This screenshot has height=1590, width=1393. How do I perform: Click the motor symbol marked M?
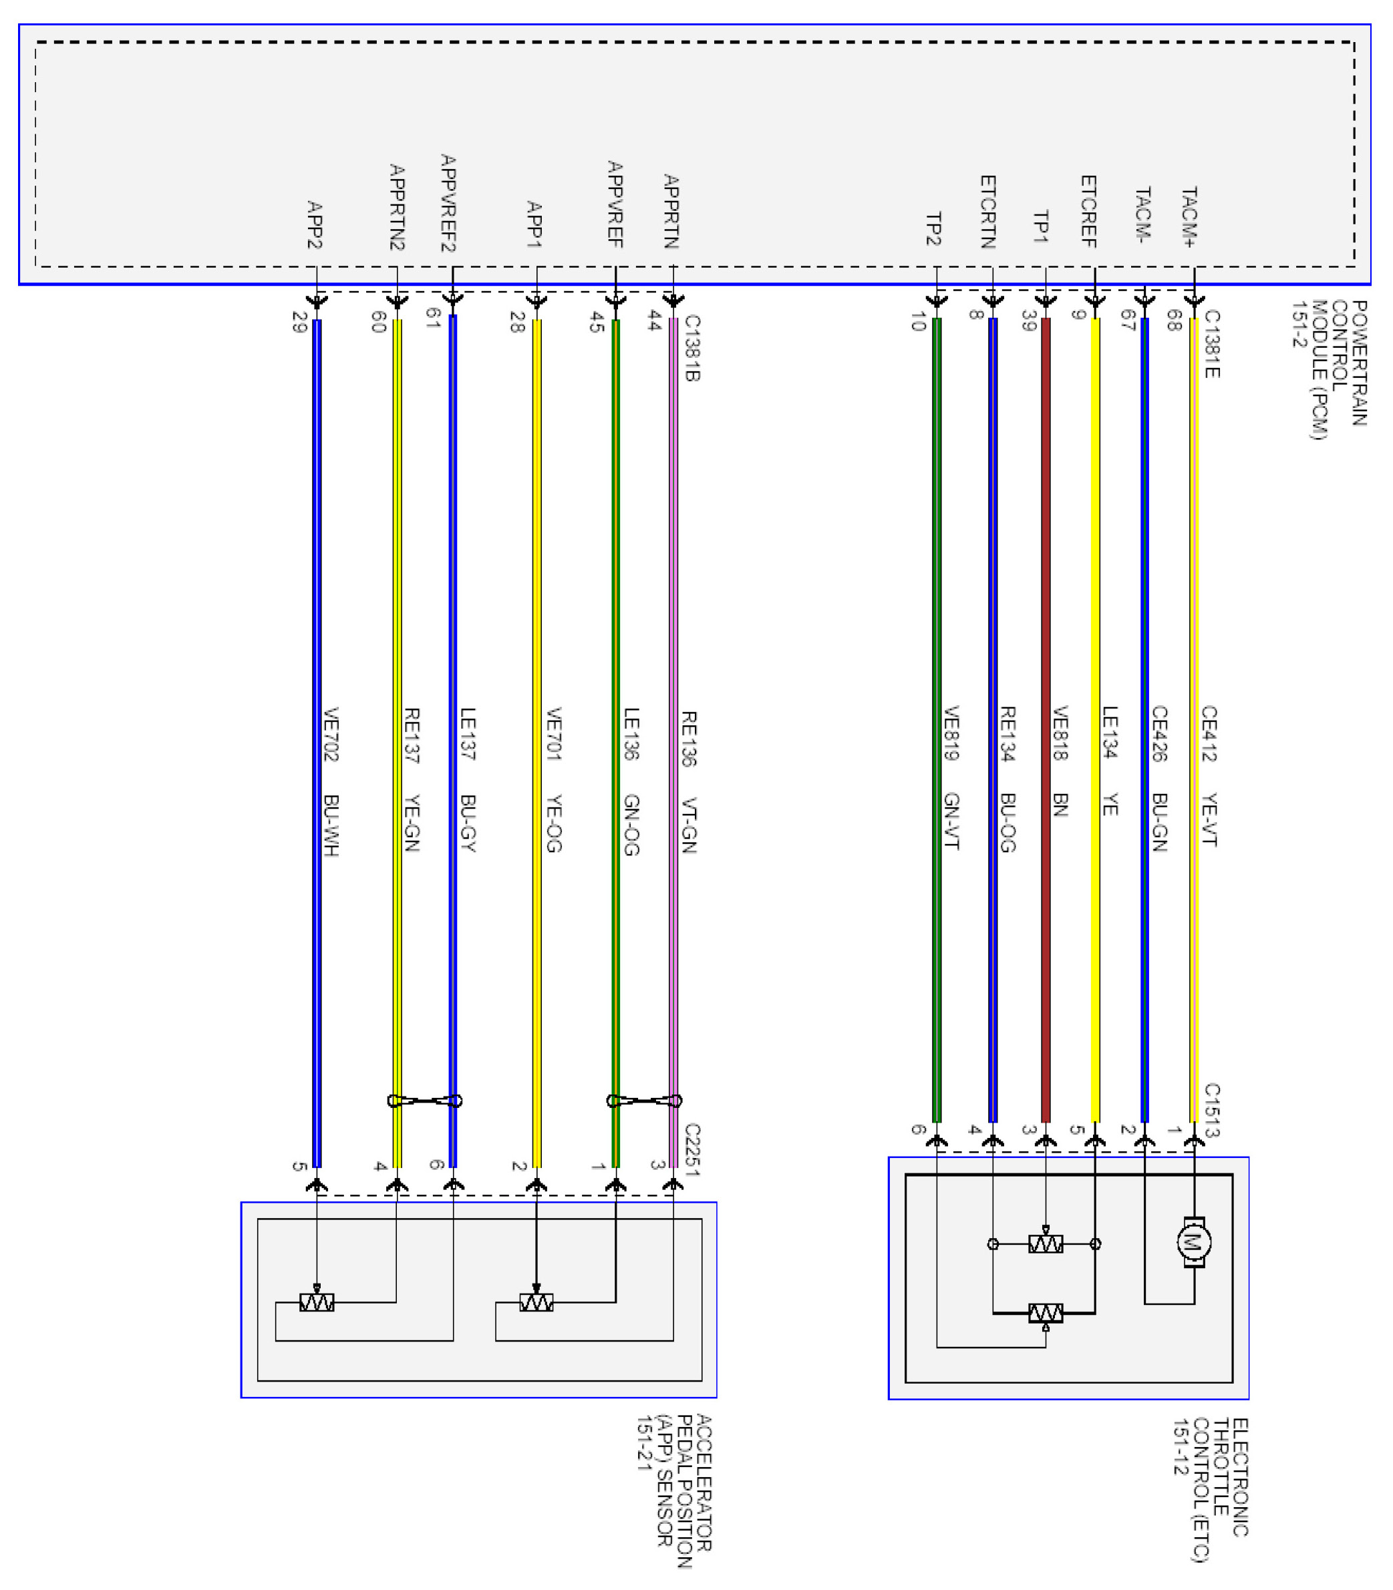[1193, 1243]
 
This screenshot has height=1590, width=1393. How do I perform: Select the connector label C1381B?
[692, 347]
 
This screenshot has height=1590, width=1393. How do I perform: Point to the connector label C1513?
[1212, 1111]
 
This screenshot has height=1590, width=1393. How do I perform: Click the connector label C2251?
[692, 1149]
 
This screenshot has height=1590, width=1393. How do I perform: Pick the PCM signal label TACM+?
[1189, 218]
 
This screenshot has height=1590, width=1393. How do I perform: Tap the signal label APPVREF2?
[448, 203]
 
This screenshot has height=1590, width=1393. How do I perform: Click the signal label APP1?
[534, 224]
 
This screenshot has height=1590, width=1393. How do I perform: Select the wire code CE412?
[1209, 733]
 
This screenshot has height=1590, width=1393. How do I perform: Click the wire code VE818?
[1060, 732]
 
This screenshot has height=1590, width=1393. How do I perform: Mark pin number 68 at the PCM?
[1174, 320]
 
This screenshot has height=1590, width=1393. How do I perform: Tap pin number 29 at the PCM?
[299, 322]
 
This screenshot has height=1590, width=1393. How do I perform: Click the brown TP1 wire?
[1046, 622]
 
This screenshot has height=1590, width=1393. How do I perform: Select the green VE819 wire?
[937, 622]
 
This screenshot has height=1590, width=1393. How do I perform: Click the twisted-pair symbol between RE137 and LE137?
[424, 1101]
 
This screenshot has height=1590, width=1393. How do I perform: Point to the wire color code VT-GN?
[689, 825]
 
